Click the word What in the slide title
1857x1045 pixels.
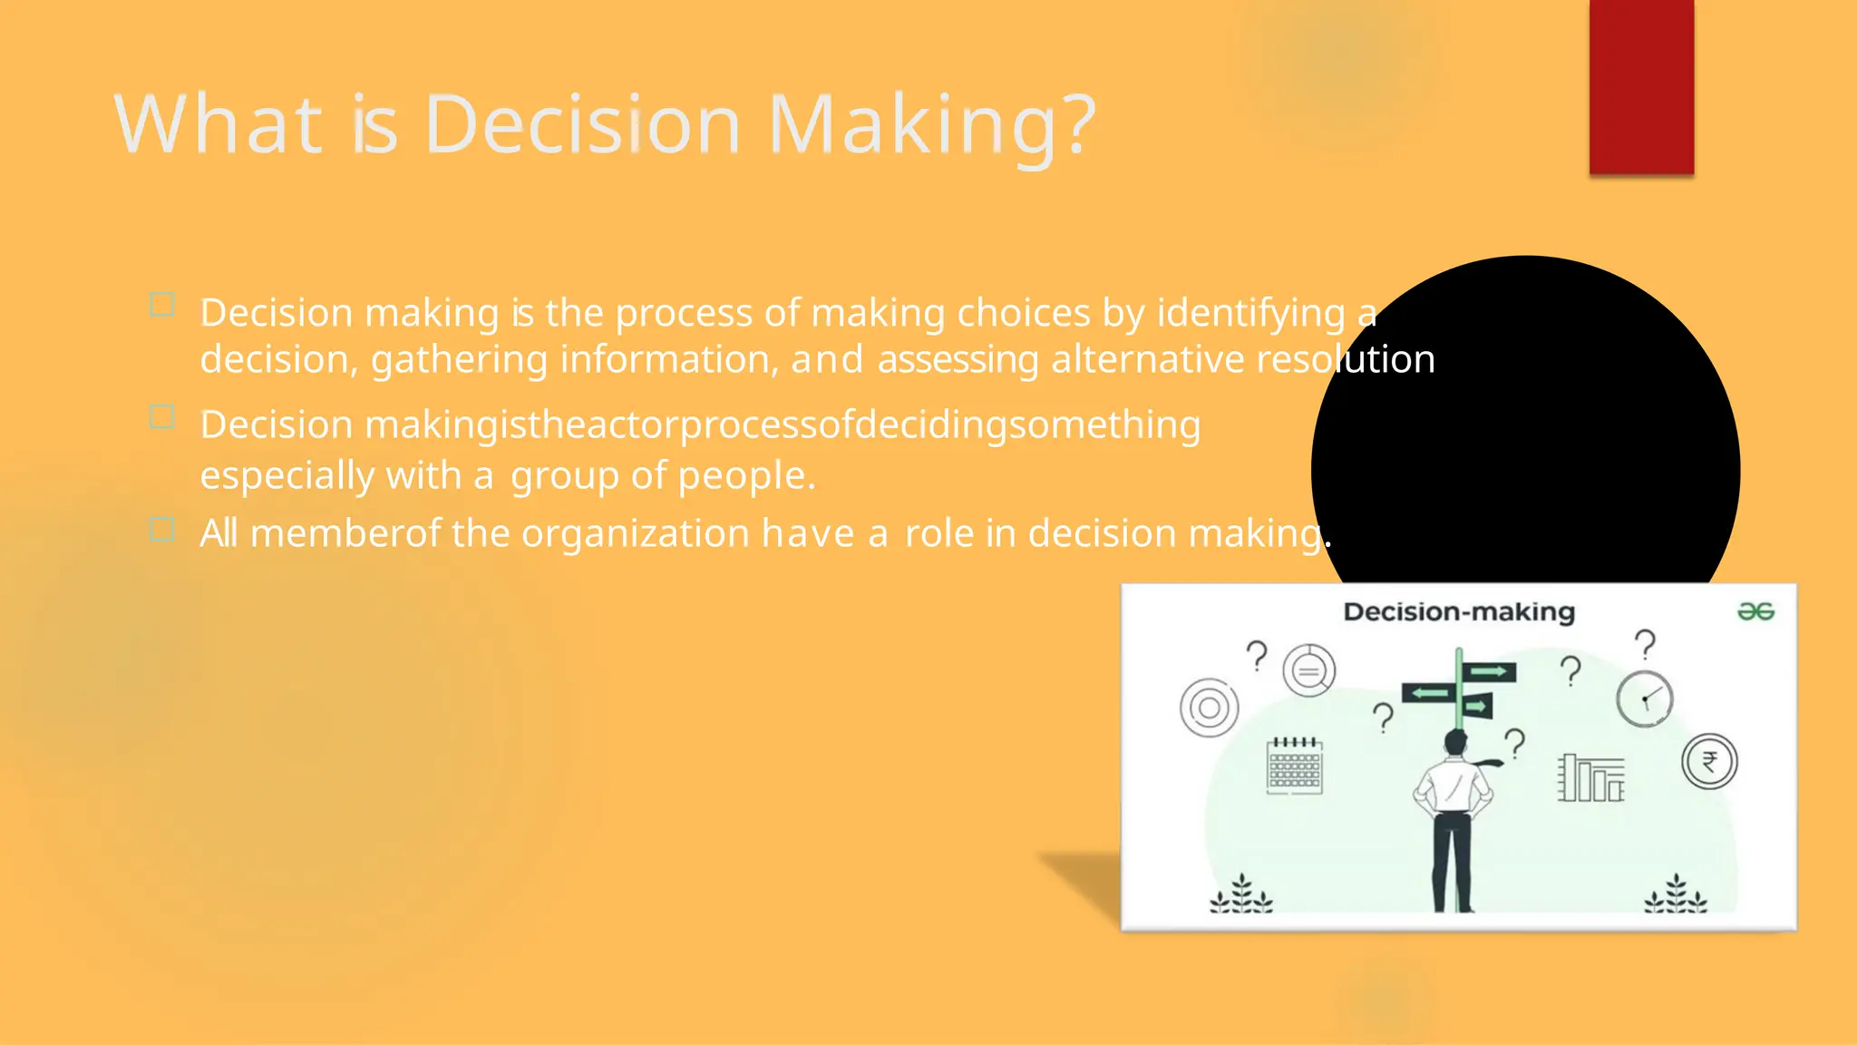coord(218,124)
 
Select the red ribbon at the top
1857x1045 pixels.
coord(1641,86)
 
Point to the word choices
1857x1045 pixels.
coord(1024,313)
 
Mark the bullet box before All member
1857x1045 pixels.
coord(161,529)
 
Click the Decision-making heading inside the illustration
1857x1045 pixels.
coord(1458,612)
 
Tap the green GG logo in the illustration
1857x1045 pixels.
coord(1755,612)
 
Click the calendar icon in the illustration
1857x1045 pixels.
coord(1294,767)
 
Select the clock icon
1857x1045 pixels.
coord(1644,699)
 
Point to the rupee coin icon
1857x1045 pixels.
coord(1709,761)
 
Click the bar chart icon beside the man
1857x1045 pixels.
coord(1591,778)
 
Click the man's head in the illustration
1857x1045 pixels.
coord(1455,742)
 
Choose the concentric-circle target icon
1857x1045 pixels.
coord(1209,708)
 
